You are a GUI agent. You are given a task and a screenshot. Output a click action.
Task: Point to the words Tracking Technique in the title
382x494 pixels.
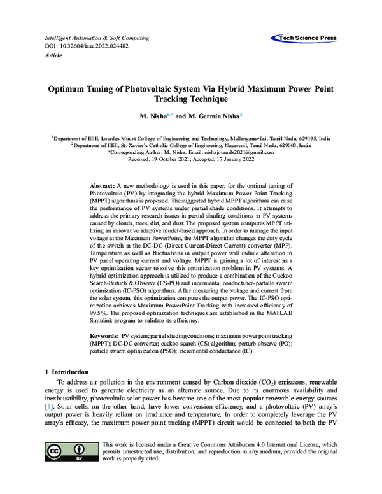[x=191, y=100]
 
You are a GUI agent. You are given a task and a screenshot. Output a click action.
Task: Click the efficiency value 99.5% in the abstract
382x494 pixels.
[x=99, y=313]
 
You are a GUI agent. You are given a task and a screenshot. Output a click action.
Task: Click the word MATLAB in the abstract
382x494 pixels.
[x=278, y=313]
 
